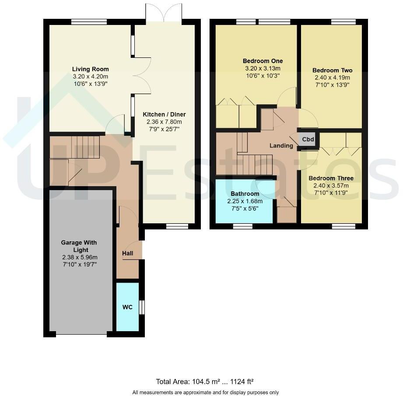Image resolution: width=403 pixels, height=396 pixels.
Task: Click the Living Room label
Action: click(90, 69)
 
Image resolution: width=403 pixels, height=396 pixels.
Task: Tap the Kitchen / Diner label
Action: click(164, 114)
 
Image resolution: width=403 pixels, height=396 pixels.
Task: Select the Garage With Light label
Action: click(79, 246)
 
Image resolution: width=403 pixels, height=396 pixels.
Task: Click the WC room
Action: click(127, 307)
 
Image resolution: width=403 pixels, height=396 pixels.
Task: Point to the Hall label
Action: click(128, 253)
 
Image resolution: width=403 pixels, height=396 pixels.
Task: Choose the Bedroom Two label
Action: click(332, 71)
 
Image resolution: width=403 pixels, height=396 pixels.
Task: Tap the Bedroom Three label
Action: click(331, 178)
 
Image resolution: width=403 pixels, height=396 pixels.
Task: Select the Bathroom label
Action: click(245, 194)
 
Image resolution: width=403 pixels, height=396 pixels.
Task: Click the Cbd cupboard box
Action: click(308, 140)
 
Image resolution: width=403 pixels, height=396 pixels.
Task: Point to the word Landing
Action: click(281, 145)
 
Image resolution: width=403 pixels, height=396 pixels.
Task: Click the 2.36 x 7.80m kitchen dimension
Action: click(164, 122)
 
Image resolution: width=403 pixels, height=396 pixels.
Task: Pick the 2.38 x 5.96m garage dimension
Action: click(79, 258)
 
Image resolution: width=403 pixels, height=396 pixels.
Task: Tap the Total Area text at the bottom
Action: click(205, 382)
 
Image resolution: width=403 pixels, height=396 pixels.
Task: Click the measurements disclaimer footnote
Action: click(205, 392)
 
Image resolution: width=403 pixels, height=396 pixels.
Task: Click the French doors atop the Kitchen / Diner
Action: click(164, 13)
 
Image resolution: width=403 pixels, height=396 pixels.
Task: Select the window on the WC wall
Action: click(141, 307)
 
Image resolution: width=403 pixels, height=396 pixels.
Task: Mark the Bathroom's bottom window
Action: click(242, 226)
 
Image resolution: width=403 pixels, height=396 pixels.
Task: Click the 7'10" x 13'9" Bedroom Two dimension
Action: click(332, 85)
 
